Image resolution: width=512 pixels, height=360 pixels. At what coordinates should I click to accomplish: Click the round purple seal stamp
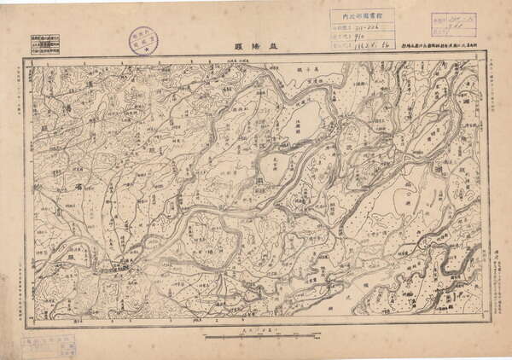point(144,41)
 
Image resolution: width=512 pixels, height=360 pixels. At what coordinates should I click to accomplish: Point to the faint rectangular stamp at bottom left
point(46,345)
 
